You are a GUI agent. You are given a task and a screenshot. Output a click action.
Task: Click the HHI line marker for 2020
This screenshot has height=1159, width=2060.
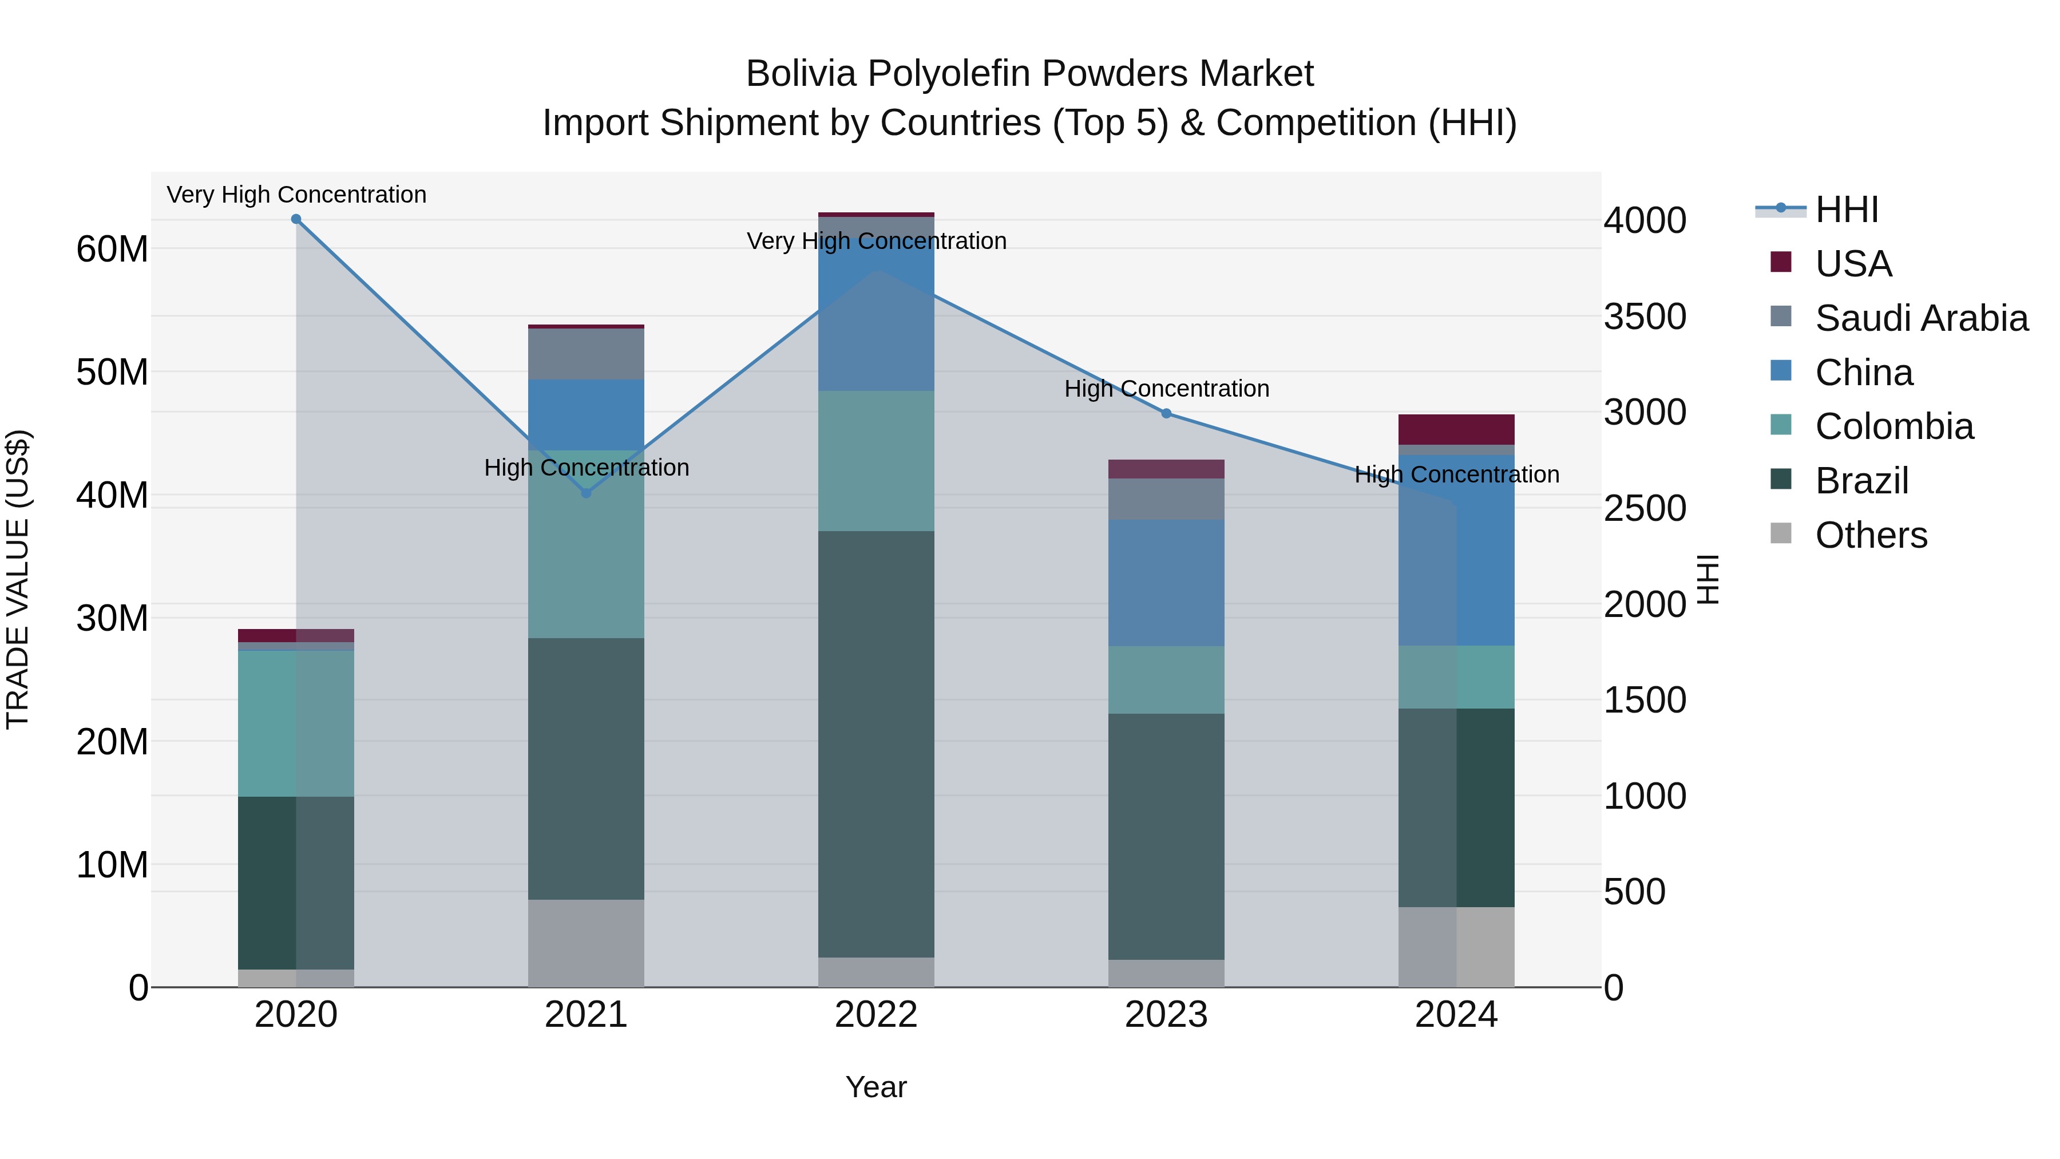[296, 219]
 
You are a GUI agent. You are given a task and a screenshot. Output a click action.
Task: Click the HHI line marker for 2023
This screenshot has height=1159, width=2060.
[1166, 414]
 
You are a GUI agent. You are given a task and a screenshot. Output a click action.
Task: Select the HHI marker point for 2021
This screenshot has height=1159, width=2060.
[586, 493]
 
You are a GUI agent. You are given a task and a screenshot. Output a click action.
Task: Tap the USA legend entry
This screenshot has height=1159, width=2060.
[1853, 264]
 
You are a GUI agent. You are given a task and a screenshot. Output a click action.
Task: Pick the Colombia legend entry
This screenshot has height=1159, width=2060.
[1893, 426]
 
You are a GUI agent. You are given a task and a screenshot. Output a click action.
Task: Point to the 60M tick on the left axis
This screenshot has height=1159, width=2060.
[112, 250]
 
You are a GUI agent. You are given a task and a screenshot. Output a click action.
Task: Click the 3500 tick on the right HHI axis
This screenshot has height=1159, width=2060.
[1645, 317]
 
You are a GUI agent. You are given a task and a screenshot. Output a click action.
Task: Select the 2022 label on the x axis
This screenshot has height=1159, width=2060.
[875, 1015]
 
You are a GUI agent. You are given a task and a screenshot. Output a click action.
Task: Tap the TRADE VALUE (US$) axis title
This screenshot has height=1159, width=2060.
[18, 579]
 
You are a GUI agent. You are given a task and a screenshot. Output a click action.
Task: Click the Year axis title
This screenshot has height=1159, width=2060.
[875, 1087]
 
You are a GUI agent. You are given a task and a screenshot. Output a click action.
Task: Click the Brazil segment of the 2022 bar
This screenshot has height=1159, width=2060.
[875, 744]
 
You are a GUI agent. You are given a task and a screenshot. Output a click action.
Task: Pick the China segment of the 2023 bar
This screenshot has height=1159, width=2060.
[1166, 583]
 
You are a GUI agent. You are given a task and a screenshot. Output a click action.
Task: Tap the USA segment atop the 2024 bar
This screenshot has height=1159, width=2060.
[1456, 429]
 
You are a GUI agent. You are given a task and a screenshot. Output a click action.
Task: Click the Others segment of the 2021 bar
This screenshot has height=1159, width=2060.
[586, 943]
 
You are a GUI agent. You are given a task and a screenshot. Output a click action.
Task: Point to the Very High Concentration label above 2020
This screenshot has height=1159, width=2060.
[296, 195]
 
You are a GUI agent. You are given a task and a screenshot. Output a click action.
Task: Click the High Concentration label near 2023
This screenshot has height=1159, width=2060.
[1166, 389]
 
